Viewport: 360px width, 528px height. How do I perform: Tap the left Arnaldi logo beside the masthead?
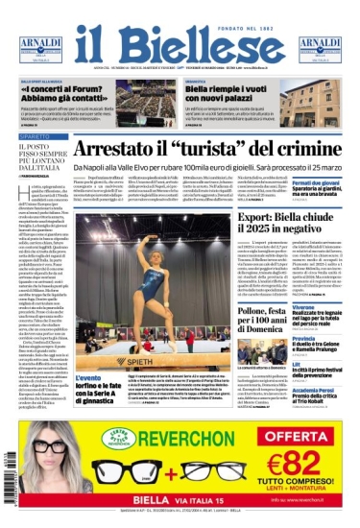39,49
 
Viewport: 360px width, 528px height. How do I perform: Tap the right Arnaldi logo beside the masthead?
320,49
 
